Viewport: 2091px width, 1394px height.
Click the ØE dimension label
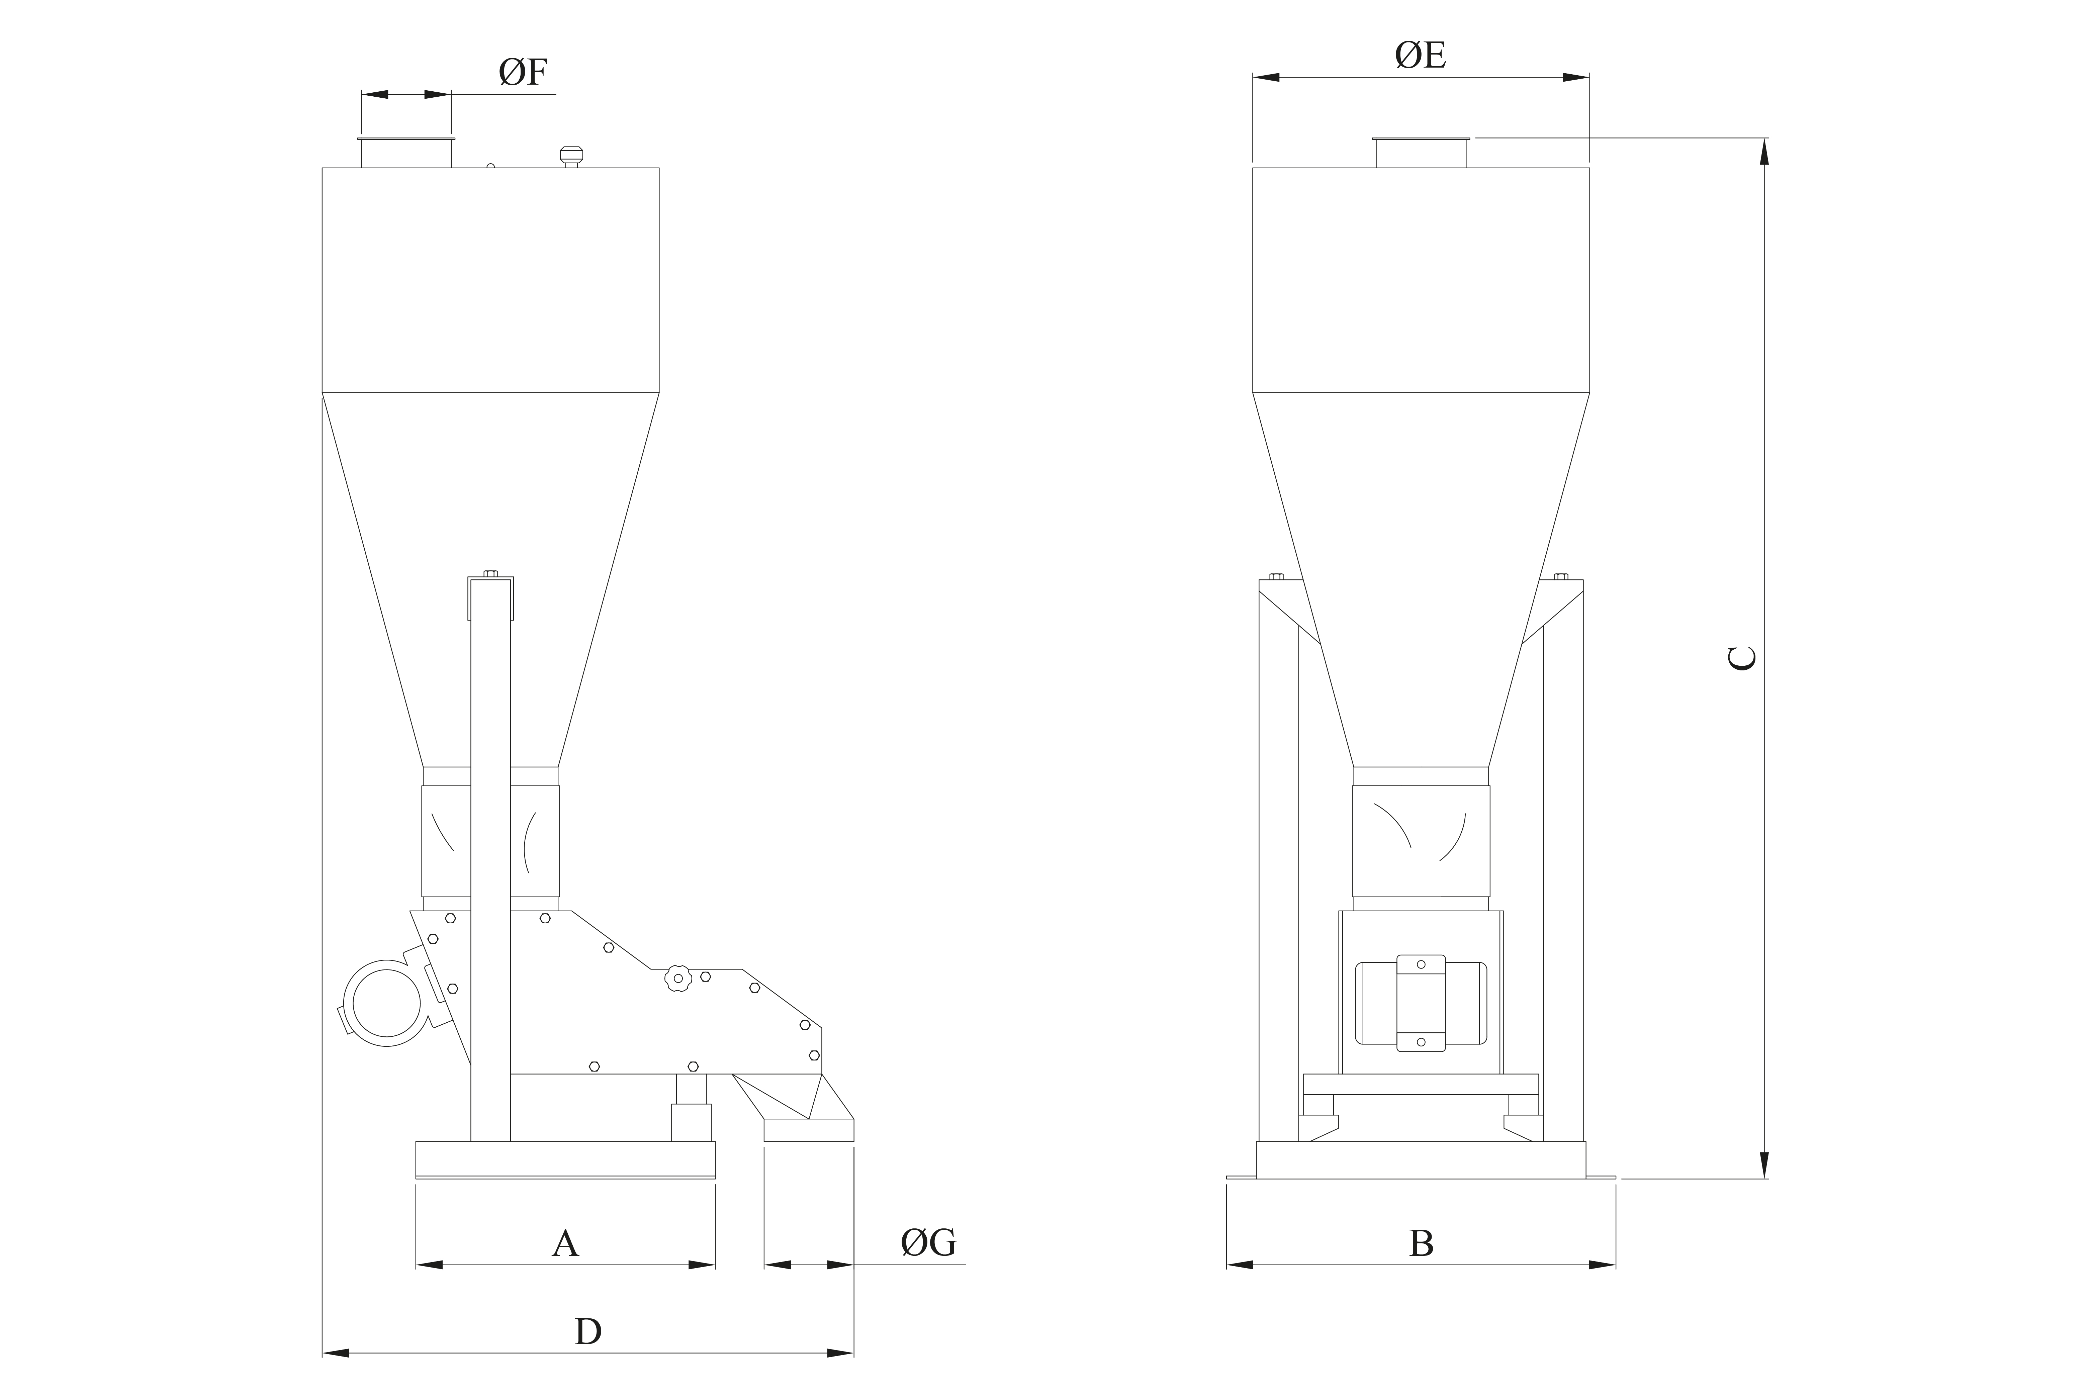tap(1421, 55)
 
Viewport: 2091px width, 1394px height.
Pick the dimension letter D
tap(587, 1331)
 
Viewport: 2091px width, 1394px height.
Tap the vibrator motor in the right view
tap(1421, 1003)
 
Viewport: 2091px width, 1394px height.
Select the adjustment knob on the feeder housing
tap(678, 978)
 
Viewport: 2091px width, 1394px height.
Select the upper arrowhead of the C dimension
tap(1765, 153)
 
